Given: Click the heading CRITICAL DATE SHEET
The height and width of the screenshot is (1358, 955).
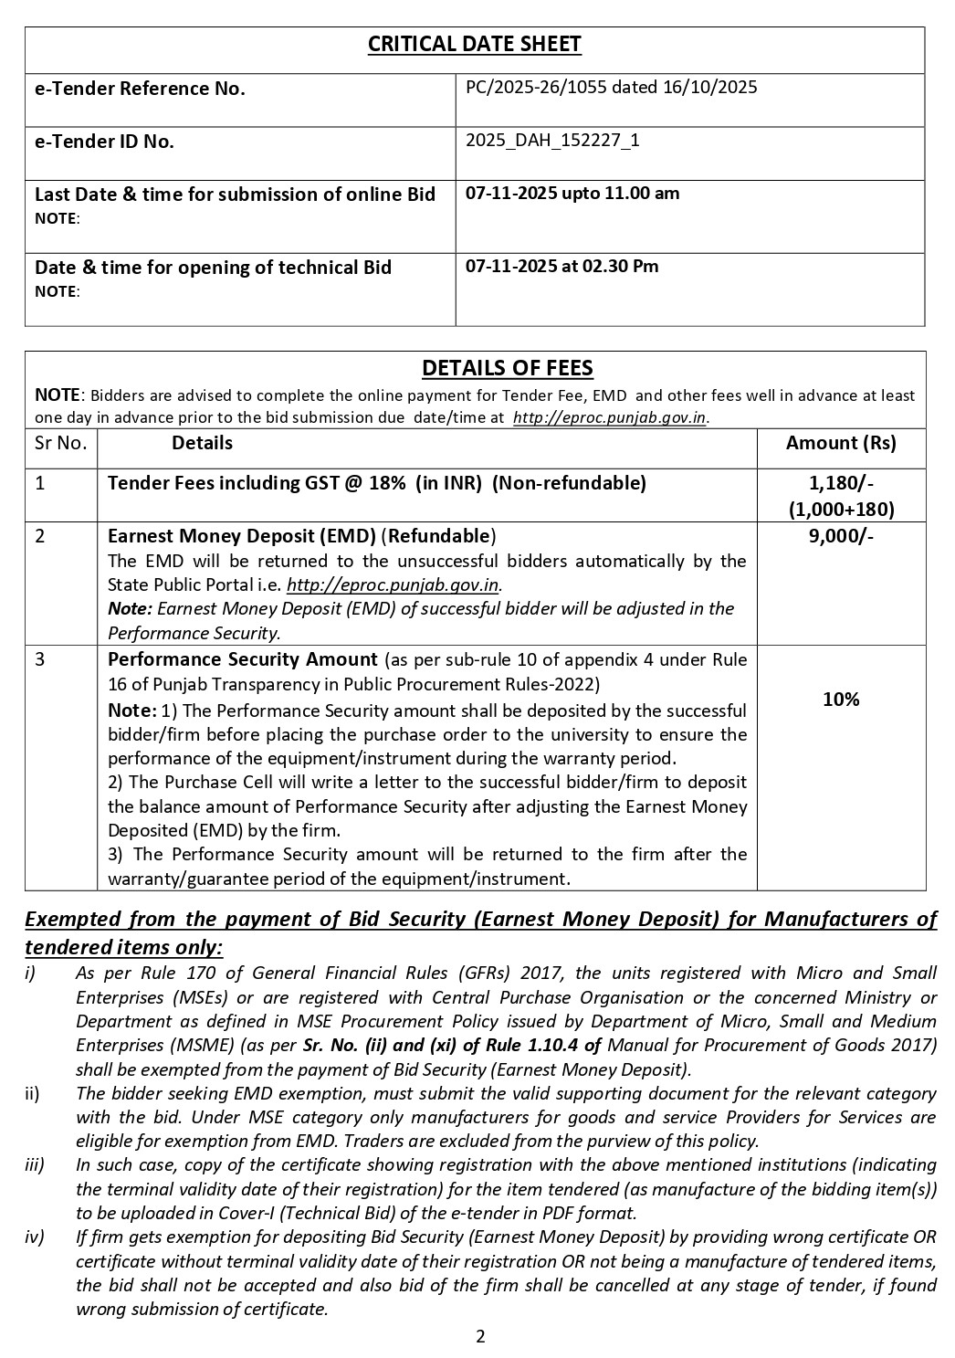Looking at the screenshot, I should pyautogui.click(x=474, y=45).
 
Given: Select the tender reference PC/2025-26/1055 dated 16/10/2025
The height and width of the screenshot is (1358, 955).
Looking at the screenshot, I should pyautogui.click(x=611, y=88).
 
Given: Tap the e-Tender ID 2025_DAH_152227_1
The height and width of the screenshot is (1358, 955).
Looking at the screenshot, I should pyautogui.click(x=552, y=141).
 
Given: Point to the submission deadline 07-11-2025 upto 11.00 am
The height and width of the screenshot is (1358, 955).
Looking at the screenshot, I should pyautogui.click(x=572, y=194).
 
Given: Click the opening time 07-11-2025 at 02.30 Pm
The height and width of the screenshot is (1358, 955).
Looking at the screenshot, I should pyautogui.click(x=561, y=267).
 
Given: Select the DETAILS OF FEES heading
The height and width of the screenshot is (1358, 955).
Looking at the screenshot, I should pyautogui.click(x=507, y=368).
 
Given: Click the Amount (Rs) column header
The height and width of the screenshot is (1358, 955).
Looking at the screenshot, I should pyautogui.click(x=841, y=443).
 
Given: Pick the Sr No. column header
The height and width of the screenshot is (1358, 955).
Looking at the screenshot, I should pyautogui.click(x=60, y=443).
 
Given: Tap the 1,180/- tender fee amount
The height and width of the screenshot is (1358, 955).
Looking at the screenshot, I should pyautogui.click(x=841, y=483).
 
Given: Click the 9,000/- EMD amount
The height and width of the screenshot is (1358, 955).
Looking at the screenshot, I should pyautogui.click(x=841, y=536).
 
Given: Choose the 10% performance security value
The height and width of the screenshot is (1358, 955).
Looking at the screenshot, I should pyautogui.click(x=841, y=700).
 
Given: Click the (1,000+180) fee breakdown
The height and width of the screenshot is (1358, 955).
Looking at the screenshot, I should pyautogui.click(x=841, y=510).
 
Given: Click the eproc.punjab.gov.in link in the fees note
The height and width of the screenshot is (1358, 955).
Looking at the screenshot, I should pyautogui.click(x=610, y=418).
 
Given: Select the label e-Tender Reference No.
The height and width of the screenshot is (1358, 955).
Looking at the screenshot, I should pyautogui.click(x=140, y=89).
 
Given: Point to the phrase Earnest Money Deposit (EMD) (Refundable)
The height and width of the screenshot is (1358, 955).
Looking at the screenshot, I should pyautogui.click(x=301, y=536).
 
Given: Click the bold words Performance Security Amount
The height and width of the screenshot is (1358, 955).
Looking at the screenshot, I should pyautogui.click(x=242, y=659).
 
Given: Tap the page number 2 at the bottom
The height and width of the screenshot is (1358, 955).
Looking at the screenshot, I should pyautogui.click(x=480, y=1337).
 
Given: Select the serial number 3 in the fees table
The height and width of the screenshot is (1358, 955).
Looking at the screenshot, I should pyautogui.click(x=40, y=659).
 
